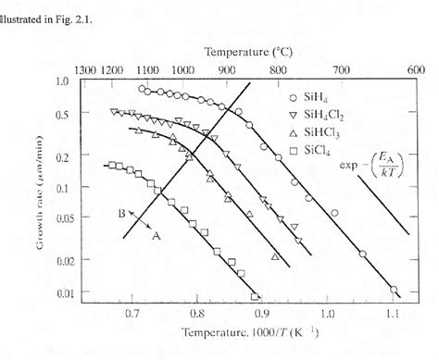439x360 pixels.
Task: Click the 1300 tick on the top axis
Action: click(84, 68)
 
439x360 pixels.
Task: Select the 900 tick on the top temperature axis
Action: click(226, 68)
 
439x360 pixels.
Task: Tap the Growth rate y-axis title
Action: click(33, 188)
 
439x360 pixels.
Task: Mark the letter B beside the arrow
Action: click(121, 212)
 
